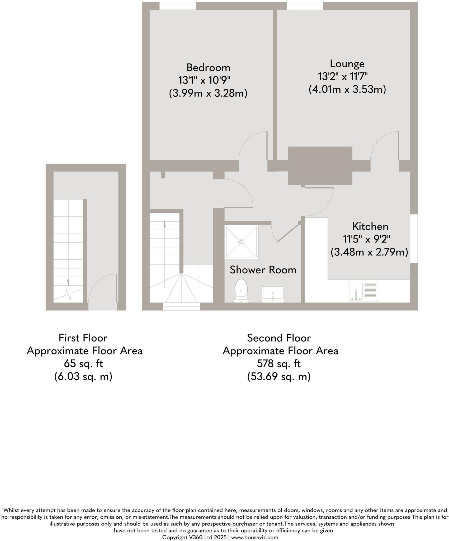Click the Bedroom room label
pyautogui.click(x=208, y=68)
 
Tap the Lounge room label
pyautogui.click(x=347, y=64)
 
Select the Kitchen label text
pyautogui.click(x=370, y=226)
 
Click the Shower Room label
pyautogui.click(x=263, y=270)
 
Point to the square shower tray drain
pyautogui.click(x=241, y=242)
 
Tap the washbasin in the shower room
pyautogui.click(x=273, y=295)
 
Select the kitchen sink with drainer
pyautogui.click(x=363, y=291)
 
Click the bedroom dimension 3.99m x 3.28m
pyautogui.click(x=208, y=93)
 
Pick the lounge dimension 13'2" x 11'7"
pyautogui.click(x=343, y=77)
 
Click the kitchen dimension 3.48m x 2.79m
pyautogui.click(x=369, y=252)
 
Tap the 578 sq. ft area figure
pyautogui.click(x=279, y=364)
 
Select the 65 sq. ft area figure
pyautogui.click(x=83, y=364)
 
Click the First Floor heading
pyautogui.click(x=83, y=338)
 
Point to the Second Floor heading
pyautogui.click(x=279, y=338)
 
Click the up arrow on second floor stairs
pyautogui.click(x=165, y=225)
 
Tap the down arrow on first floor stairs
pyautogui.click(x=68, y=282)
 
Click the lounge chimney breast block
pyautogui.click(x=320, y=166)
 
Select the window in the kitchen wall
pyautogui.click(x=414, y=239)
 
